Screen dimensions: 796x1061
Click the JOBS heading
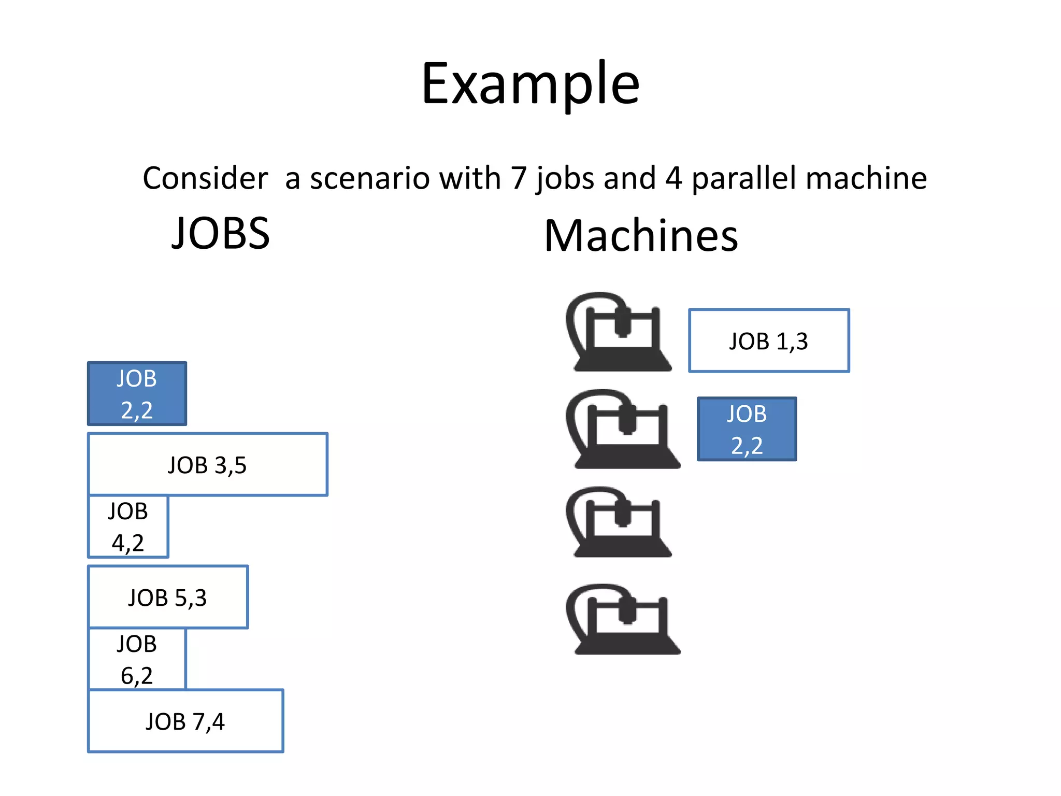coord(221,233)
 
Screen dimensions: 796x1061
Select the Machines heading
coord(641,236)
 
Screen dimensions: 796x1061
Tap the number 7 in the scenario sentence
coord(519,178)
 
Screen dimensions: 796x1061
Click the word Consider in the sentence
coord(205,178)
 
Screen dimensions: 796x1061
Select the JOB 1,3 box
coord(769,340)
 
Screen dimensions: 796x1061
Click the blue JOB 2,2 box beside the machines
coord(747,429)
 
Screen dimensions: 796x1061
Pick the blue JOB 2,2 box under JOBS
coord(137,394)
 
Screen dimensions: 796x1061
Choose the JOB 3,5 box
coord(207,464)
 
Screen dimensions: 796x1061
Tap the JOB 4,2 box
coord(128,527)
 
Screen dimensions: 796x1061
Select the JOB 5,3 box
coord(168,597)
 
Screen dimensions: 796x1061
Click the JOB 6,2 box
coord(137,659)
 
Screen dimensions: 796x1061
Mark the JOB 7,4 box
coord(185,721)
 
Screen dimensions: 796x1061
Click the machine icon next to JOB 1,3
coord(619,333)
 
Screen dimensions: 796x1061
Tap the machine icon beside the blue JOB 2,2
coord(623,430)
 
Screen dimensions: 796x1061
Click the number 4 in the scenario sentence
coord(673,178)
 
